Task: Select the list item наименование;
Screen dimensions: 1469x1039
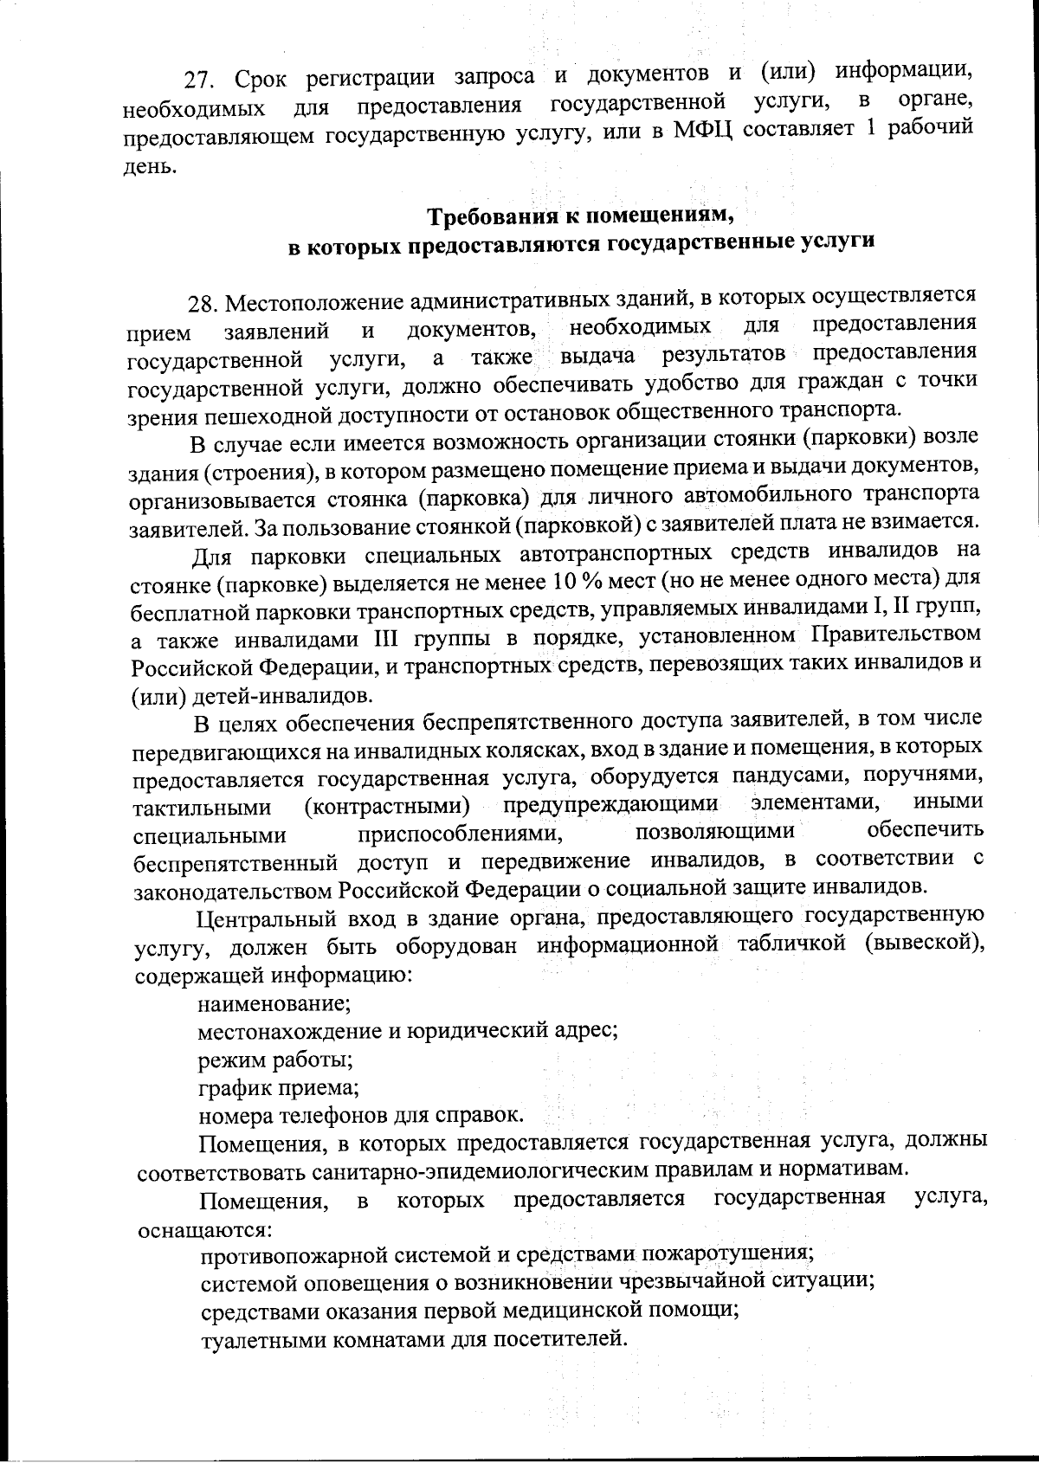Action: pos(274,1005)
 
